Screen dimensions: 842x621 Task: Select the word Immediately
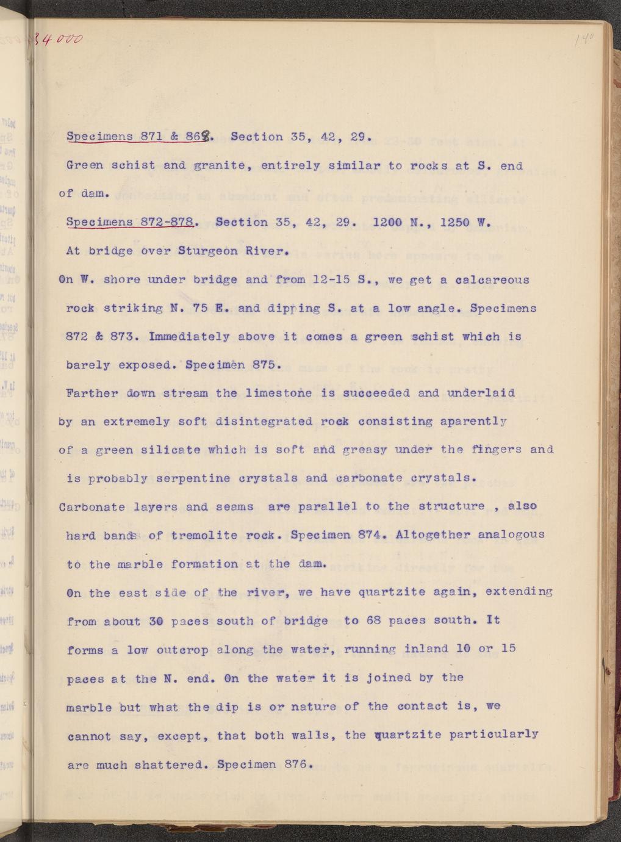pos(188,336)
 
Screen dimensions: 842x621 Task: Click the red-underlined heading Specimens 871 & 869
pos(140,137)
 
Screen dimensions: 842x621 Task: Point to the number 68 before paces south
pos(373,621)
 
